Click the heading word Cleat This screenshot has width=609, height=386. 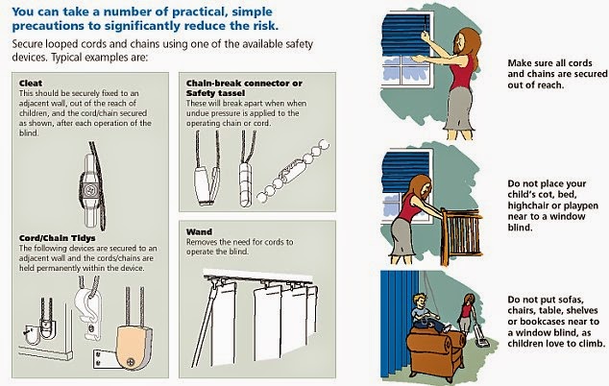(x=31, y=84)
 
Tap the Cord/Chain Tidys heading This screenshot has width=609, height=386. (x=57, y=238)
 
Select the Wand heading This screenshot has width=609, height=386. (x=199, y=231)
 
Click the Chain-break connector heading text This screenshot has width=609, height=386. (x=244, y=84)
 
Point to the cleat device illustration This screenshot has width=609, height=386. (x=92, y=186)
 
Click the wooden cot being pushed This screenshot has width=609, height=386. (x=461, y=234)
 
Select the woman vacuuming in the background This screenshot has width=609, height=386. (x=467, y=313)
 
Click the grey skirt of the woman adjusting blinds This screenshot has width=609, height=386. (x=461, y=109)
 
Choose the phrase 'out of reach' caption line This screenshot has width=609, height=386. (x=536, y=84)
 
